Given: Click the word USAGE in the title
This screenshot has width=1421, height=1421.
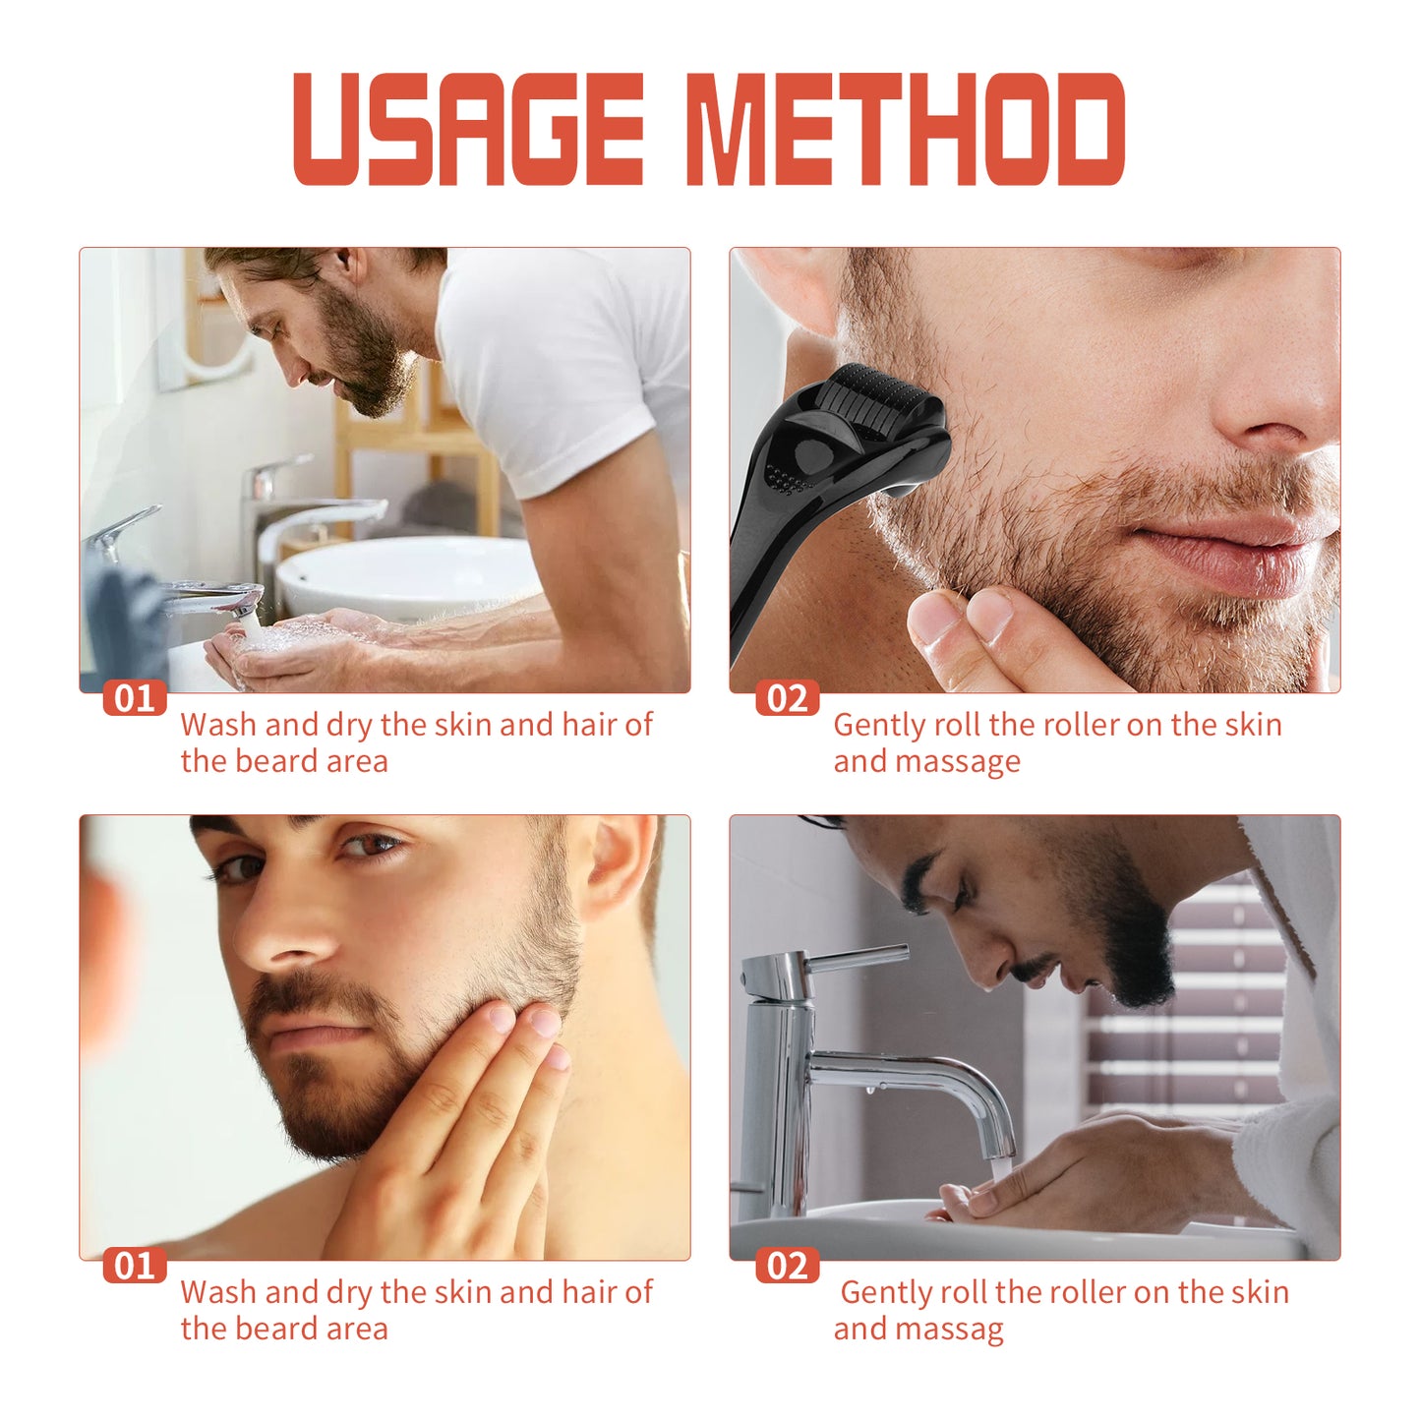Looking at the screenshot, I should point(468,129).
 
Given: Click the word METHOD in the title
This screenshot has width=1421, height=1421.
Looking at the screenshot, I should point(905,129).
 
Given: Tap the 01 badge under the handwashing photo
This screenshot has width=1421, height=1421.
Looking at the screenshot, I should point(135,698).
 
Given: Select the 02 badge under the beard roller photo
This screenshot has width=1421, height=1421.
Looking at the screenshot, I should point(786,698).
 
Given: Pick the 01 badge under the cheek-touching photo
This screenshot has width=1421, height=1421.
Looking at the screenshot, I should point(135,1266).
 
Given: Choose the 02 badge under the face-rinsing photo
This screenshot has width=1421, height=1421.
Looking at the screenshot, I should point(786,1266).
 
